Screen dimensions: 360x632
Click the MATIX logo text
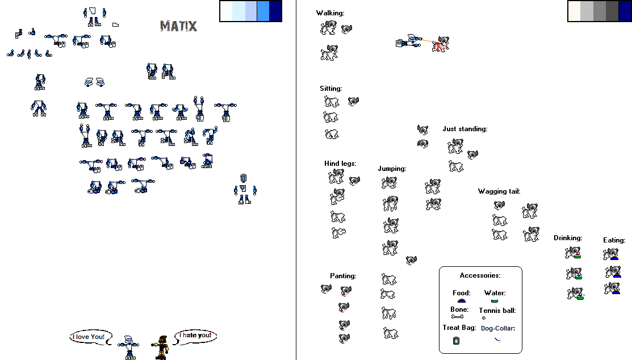178,26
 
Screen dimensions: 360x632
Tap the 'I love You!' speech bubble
89,337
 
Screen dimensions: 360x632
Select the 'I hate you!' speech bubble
195,336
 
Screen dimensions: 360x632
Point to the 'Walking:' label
330,12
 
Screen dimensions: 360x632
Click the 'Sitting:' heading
330,89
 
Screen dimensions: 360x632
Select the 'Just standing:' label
464,129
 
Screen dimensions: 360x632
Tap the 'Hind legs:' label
340,164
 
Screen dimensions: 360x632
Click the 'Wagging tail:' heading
499,191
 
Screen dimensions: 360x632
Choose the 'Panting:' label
343,276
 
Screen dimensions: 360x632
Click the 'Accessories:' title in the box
480,275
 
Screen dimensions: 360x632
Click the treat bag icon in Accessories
456,341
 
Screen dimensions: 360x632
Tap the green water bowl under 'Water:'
494,300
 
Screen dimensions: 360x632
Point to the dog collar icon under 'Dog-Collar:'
497,340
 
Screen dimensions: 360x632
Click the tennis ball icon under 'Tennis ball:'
484,318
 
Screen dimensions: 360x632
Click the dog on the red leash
442,44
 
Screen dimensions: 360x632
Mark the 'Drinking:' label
567,238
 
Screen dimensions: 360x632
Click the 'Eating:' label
614,240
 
